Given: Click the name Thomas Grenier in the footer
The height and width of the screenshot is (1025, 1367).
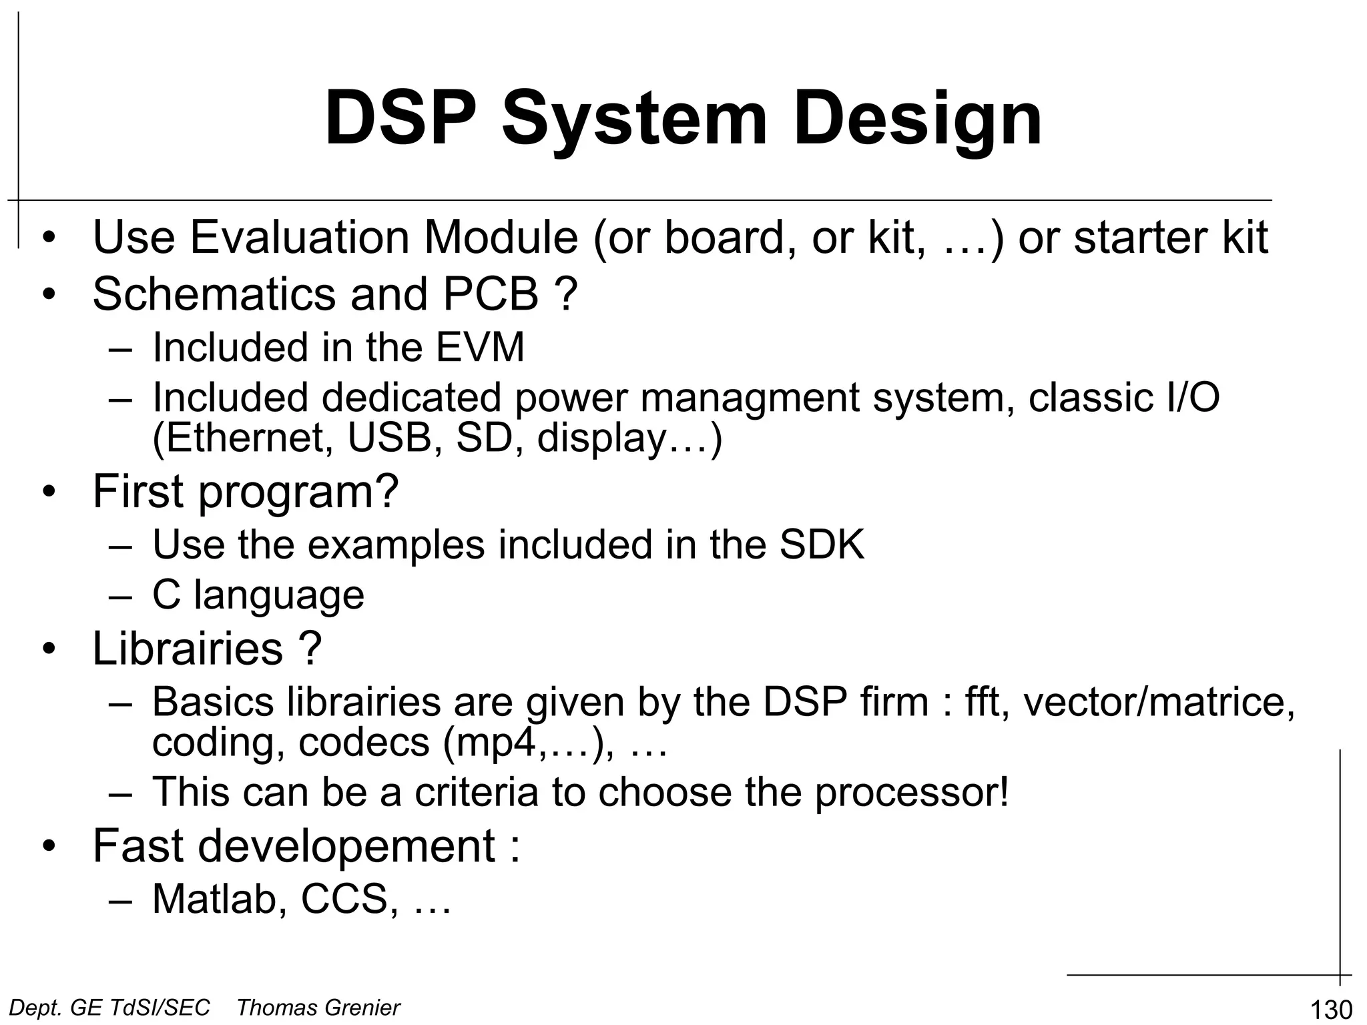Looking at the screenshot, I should tap(318, 1007).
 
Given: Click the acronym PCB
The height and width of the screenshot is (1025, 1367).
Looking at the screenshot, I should tap(491, 294).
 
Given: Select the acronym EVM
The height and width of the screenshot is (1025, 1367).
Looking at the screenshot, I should tap(480, 348).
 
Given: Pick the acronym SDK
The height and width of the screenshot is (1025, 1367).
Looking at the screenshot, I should tap(822, 545).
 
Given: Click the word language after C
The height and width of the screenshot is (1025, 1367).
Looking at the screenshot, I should tap(279, 595).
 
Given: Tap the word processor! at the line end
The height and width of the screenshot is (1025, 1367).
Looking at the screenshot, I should tap(910, 792).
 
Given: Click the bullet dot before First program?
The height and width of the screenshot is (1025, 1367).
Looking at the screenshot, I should tap(48, 493).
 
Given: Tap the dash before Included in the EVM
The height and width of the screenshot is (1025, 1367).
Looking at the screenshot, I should tap(120, 349).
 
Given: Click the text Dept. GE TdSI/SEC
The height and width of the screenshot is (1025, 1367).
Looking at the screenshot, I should tap(110, 1007).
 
